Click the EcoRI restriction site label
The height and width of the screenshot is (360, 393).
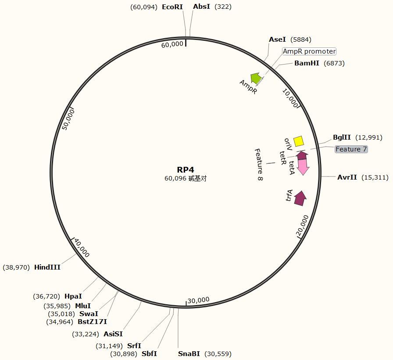click(x=172, y=7)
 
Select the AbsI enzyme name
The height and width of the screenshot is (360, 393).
click(x=202, y=7)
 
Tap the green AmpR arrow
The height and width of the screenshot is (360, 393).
click(x=256, y=78)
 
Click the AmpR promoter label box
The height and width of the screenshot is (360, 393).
click(x=309, y=51)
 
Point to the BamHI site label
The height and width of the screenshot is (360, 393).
click(x=307, y=63)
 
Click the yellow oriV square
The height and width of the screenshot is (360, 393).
click(x=299, y=141)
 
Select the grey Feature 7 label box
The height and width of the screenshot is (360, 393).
click(x=351, y=149)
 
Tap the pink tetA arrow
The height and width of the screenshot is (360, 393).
click(x=303, y=166)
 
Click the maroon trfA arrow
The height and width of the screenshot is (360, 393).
click(x=300, y=198)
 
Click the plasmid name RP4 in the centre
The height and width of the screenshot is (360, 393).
click(x=186, y=170)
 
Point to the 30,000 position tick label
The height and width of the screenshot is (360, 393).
click(x=198, y=300)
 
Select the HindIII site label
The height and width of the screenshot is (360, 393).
click(x=47, y=267)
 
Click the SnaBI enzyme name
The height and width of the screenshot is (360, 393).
click(x=189, y=354)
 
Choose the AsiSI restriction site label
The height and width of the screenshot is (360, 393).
click(x=113, y=334)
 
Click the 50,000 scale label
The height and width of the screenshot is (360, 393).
click(x=68, y=119)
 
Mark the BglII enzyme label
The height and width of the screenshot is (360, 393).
click(x=342, y=137)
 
